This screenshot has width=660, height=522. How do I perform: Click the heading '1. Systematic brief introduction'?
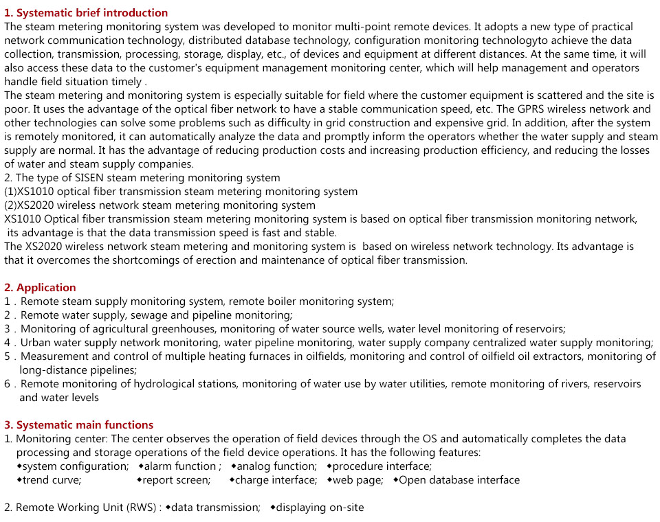tap(86, 12)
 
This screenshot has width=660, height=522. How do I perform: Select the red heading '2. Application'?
tap(40, 287)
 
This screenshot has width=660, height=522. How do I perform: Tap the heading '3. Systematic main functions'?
tap(78, 424)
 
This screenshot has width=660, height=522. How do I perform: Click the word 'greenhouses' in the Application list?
tap(187, 329)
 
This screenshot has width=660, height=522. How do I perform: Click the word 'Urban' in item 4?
tap(35, 343)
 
